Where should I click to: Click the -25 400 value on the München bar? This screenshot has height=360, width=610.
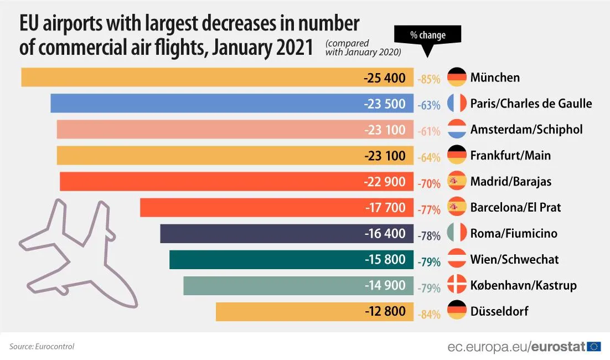pos(385,78)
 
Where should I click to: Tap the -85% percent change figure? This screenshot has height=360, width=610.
pos(429,79)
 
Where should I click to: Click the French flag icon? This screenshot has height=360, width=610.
pos(457,104)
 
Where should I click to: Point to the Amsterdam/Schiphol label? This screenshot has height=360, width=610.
pos(526,130)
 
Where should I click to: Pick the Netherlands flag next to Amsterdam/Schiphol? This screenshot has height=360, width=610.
pos(457,130)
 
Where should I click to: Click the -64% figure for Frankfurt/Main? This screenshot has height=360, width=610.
pos(429,157)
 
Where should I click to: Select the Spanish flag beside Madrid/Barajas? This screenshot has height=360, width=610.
pos(457,181)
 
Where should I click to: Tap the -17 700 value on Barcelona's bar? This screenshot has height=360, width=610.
pos(386,208)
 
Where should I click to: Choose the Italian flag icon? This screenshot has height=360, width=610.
pos(457,233)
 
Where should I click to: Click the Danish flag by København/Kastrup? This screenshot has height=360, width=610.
pos(457,285)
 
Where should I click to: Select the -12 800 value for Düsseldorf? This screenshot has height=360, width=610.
pos(386,311)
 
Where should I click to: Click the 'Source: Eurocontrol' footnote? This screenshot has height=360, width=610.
pos(42,347)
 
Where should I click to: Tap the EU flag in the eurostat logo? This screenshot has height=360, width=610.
pos(594,347)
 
